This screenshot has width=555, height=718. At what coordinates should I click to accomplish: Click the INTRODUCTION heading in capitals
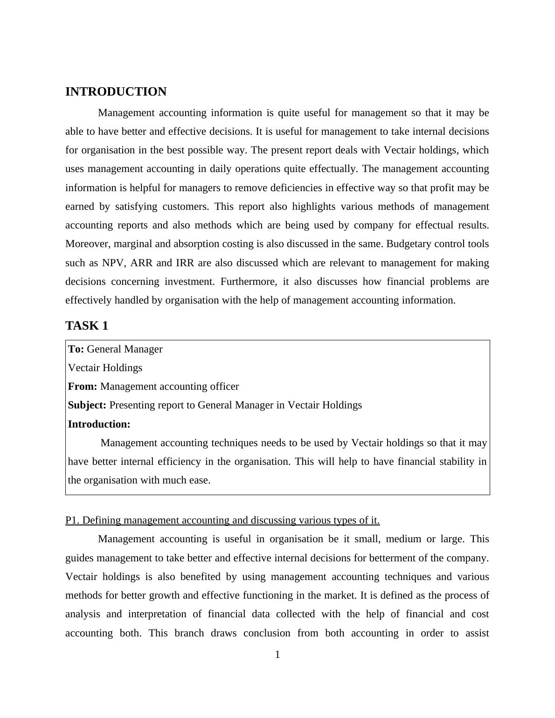(116, 92)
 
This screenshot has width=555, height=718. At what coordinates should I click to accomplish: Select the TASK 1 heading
(87, 326)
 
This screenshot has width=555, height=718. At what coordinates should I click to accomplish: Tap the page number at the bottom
(277, 655)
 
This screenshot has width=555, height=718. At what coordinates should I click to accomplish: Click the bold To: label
(76, 349)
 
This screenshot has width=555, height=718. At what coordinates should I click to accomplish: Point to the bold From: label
(83, 387)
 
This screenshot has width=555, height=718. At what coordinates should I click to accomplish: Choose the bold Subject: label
(87, 405)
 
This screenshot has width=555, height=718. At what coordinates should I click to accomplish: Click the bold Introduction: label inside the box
(99, 424)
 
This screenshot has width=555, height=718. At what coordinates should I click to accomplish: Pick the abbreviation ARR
(141, 263)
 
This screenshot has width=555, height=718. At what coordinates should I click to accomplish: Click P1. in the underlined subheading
(72, 520)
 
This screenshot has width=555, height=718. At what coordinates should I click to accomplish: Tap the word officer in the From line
(225, 387)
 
